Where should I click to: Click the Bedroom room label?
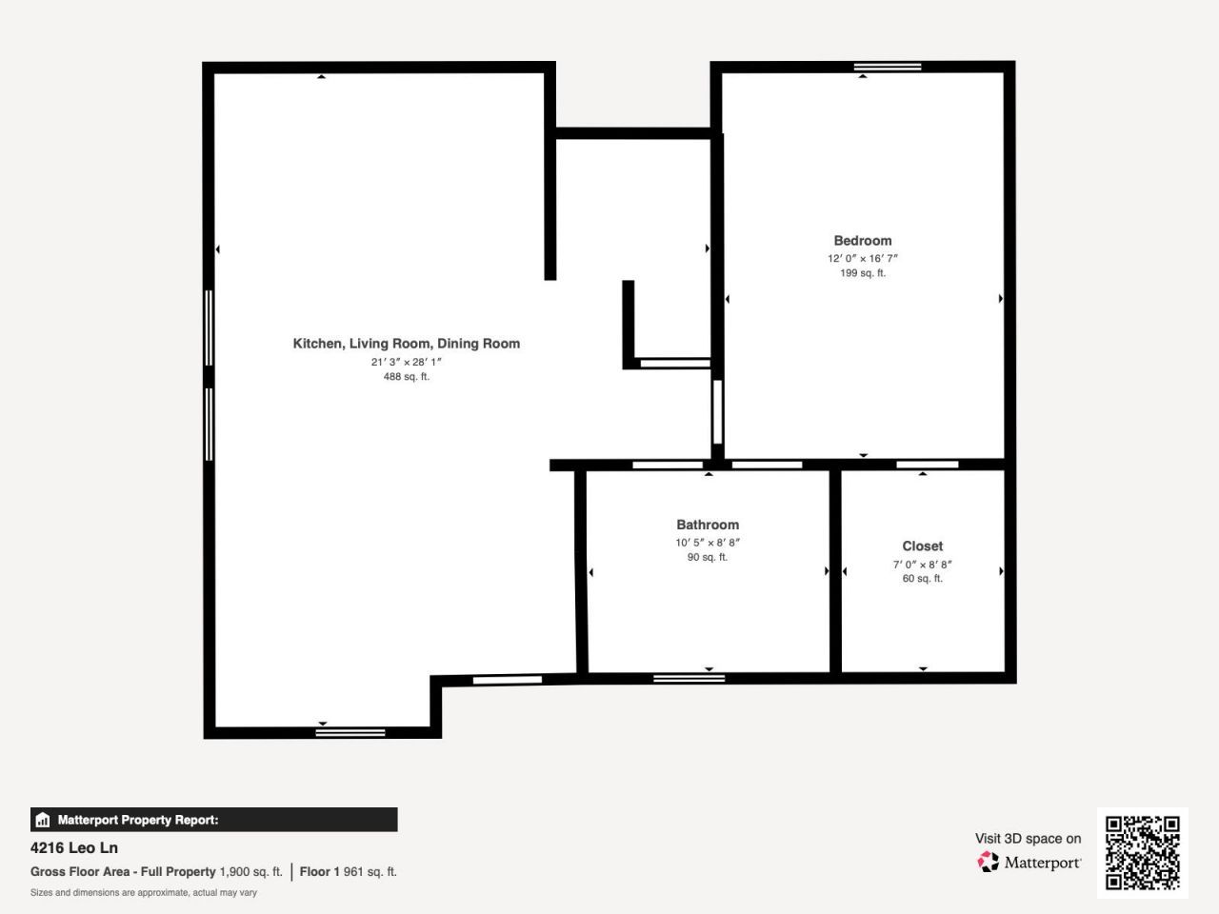tap(862, 241)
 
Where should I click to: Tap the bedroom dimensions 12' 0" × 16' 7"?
tap(862, 258)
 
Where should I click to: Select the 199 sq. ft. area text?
tap(862, 273)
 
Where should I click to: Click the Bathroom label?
tap(707, 525)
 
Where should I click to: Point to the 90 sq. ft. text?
tap(707, 557)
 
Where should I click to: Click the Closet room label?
tap(922, 546)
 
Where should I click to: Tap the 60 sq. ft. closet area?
tap(922, 578)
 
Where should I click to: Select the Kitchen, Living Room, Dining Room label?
tap(406, 344)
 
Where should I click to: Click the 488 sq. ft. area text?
tap(406, 377)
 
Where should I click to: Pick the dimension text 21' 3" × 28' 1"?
tap(406, 362)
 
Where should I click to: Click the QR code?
tap(1142, 852)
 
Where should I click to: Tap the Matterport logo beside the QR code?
tap(1029, 863)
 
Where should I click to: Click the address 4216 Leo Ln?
tap(74, 847)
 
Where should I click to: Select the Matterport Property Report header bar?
tap(213, 820)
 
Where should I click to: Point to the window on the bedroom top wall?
tap(888, 67)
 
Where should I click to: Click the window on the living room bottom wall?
tap(350, 732)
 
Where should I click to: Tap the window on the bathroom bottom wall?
tap(689, 678)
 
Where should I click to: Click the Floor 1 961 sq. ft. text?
tap(348, 871)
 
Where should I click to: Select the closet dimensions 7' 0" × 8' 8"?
tap(922, 564)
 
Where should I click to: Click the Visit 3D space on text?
tap(1028, 839)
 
